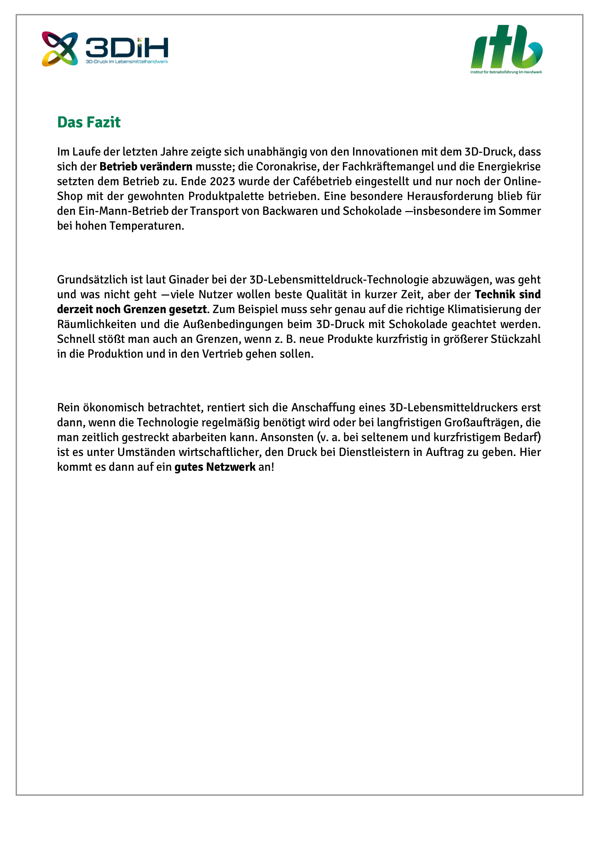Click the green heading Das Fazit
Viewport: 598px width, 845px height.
(x=89, y=122)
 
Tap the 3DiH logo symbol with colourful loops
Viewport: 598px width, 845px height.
(x=60, y=48)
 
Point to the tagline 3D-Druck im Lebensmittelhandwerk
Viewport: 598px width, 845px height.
(x=127, y=62)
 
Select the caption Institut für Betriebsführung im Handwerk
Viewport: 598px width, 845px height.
(x=506, y=72)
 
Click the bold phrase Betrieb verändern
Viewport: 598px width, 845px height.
(x=146, y=167)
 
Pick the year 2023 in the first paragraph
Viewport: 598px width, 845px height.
(x=222, y=181)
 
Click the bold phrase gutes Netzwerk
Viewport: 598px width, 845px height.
(x=215, y=467)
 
